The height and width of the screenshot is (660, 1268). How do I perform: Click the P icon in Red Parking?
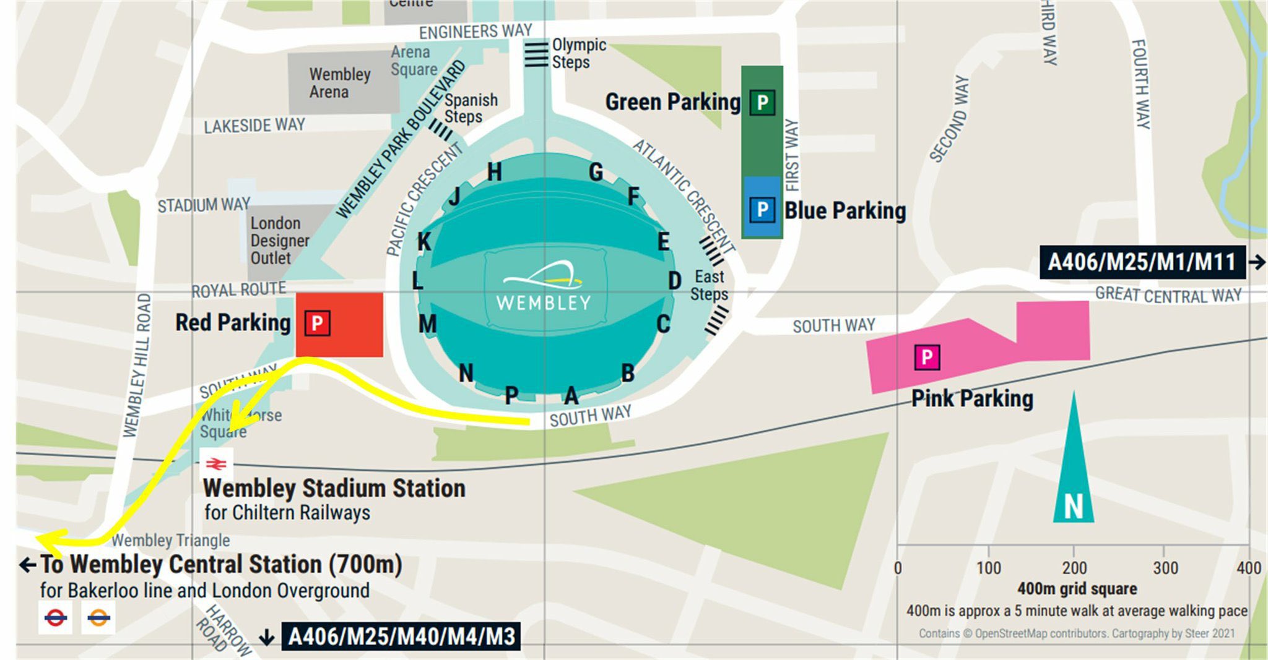click(317, 323)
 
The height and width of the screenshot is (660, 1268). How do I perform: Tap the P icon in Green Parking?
click(762, 102)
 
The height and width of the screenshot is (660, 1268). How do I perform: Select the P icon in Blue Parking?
click(762, 210)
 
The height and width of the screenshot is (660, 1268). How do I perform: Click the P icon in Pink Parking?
click(927, 358)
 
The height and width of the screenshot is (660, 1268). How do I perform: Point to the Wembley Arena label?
click(339, 83)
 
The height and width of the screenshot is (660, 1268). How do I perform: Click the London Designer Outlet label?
click(279, 241)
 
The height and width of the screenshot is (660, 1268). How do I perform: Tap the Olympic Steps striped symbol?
click(536, 54)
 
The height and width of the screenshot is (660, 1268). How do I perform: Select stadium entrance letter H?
click(494, 172)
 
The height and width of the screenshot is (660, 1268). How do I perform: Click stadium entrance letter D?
click(675, 281)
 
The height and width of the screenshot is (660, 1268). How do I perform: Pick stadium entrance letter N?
click(466, 373)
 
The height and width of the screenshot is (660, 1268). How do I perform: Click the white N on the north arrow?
click(1074, 507)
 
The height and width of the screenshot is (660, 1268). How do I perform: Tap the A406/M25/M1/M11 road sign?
click(1141, 262)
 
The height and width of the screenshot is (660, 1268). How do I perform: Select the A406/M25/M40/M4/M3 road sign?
click(401, 636)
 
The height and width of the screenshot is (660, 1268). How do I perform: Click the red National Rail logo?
click(216, 463)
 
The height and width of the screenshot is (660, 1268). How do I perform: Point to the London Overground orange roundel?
click(98, 617)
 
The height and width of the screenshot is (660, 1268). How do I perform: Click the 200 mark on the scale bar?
click(1074, 568)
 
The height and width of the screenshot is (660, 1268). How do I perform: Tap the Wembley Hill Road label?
click(137, 365)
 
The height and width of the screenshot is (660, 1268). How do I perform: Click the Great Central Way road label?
click(1168, 296)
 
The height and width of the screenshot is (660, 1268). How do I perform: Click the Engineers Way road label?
click(475, 31)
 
